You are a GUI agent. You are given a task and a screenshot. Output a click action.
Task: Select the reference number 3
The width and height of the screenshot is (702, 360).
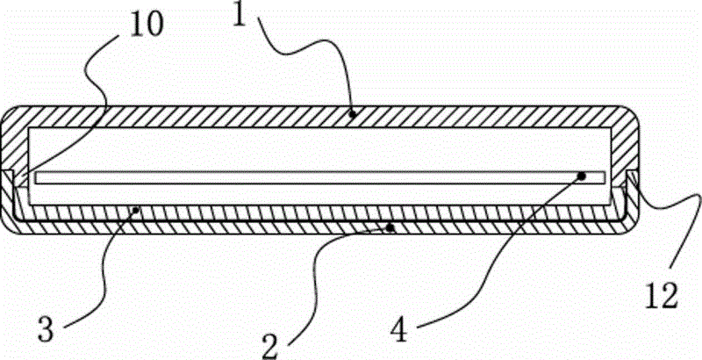pos(47,330)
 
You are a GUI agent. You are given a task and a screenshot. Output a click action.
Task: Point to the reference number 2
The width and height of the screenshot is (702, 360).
pos(272,346)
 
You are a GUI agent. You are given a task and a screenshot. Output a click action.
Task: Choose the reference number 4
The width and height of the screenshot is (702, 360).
pos(399,331)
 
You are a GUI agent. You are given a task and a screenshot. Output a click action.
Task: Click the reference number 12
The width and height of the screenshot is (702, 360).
pos(662,295)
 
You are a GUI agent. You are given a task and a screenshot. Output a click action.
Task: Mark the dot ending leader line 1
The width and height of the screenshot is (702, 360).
pos(353,115)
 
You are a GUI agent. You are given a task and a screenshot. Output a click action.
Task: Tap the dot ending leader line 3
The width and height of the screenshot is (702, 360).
pos(138,208)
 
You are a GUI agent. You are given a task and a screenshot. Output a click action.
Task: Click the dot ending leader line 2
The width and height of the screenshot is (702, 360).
pos(390,228)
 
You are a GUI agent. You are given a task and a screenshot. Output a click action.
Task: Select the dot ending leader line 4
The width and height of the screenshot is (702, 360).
pos(582,176)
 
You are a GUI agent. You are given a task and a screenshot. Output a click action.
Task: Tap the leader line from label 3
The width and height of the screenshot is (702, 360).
pos(105,269)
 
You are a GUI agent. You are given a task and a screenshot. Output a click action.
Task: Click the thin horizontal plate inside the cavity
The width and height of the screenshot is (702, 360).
pos(320,177)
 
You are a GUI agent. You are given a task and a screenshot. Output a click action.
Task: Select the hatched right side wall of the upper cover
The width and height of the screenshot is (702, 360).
pos(624,148)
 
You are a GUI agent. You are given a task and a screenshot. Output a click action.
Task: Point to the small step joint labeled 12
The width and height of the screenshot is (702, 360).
pos(632,178)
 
